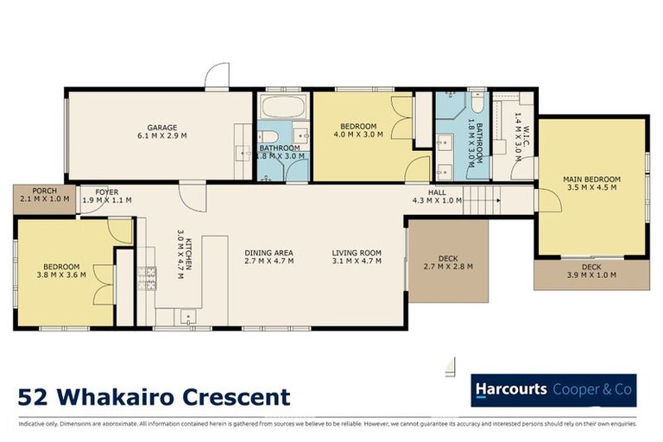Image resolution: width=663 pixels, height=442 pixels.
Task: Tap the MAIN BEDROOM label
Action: pyautogui.click(x=590, y=180)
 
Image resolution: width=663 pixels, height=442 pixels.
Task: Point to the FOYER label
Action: pyautogui.click(x=107, y=192)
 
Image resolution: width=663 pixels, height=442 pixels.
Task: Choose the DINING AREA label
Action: pyautogui.click(x=269, y=252)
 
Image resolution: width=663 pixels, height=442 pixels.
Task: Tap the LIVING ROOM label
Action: pyautogui.click(x=357, y=252)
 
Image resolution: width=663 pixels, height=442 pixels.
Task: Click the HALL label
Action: pyautogui.click(x=437, y=192)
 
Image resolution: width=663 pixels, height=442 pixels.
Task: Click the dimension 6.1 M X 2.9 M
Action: pyautogui.click(x=161, y=136)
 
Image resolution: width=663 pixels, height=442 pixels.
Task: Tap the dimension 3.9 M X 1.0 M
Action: pyautogui.click(x=591, y=276)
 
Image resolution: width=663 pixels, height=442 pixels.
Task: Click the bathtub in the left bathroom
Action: pyautogui.click(x=281, y=108)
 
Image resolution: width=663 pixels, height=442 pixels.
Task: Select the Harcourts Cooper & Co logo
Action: pyautogui.click(x=552, y=390)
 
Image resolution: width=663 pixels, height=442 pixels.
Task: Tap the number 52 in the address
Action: pyautogui.click(x=34, y=397)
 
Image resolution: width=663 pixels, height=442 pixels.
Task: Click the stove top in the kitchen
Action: pyautogui.click(x=146, y=277)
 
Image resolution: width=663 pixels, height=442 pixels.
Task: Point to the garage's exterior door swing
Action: pyautogui.click(x=216, y=75)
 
